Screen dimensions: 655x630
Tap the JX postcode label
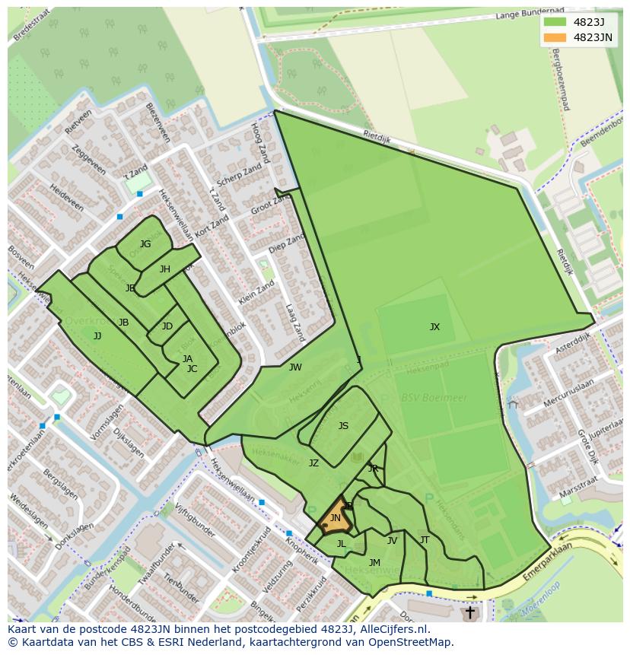(x=434, y=327)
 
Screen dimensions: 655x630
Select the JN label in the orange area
(x=335, y=518)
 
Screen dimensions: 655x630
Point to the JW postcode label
(x=295, y=367)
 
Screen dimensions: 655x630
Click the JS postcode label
(x=343, y=426)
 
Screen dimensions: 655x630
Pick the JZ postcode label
(x=313, y=463)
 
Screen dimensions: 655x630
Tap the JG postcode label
(x=145, y=244)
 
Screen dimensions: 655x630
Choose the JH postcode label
(x=165, y=269)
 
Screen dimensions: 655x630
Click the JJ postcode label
(x=97, y=335)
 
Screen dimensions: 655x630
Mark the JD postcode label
(x=167, y=326)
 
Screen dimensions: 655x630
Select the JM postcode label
(x=374, y=563)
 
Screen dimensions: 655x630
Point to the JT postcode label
(x=425, y=540)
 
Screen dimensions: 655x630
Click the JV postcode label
(x=392, y=541)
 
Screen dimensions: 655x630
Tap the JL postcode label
(x=341, y=544)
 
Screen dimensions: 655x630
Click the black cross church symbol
(x=469, y=612)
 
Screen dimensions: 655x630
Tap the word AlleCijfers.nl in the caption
(x=395, y=630)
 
